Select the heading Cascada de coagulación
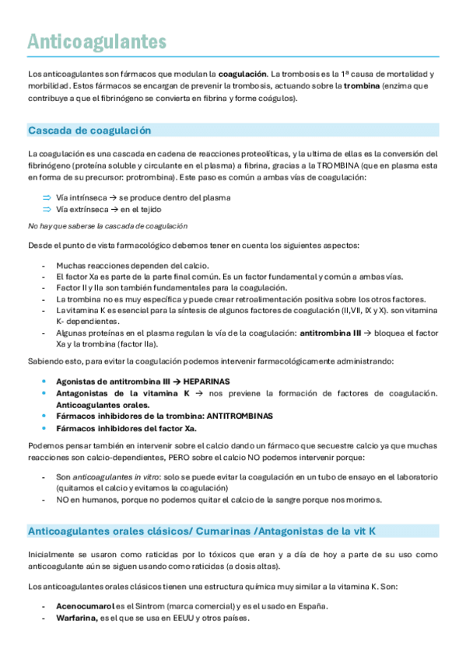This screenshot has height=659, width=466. (x=89, y=130)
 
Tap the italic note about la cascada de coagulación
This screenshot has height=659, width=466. (x=107, y=226)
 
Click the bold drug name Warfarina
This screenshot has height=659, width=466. (x=76, y=618)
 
